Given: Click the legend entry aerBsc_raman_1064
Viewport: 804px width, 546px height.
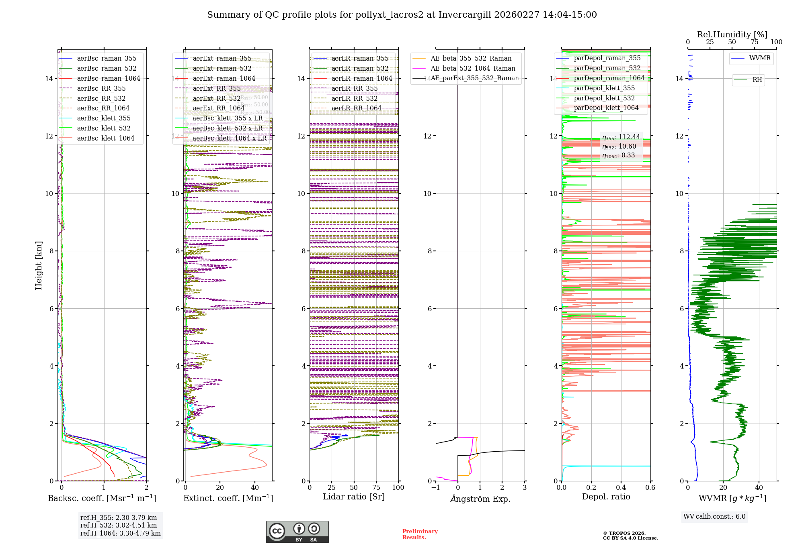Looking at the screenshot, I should [x=109, y=78].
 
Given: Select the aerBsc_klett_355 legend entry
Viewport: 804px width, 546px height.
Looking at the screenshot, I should [x=104, y=118].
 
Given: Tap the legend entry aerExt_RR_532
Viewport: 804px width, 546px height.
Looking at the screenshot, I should [x=217, y=98].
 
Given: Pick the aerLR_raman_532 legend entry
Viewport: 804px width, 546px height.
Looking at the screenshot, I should [x=360, y=68].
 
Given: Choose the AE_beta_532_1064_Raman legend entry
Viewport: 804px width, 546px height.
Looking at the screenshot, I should [x=473, y=68].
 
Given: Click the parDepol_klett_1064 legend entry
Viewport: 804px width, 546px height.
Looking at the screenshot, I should [x=606, y=108].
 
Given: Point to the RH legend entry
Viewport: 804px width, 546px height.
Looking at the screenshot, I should [x=757, y=80].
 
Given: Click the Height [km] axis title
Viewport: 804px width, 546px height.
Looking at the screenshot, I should [x=39, y=265].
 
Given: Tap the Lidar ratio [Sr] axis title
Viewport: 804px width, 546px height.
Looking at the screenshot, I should [x=354, y=497].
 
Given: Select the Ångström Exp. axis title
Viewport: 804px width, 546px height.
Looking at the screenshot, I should [x=480, y=499].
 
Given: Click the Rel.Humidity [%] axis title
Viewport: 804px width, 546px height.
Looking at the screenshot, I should [x=732, y=35].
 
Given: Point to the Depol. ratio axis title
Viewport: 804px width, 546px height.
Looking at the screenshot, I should [x=606, y=497].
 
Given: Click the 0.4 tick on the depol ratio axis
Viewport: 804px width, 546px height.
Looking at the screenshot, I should [x=621, y=488].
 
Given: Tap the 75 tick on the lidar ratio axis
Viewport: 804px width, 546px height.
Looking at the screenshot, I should [x=376, y=488].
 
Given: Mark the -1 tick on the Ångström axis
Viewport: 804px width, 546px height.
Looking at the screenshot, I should [x=435, y=488].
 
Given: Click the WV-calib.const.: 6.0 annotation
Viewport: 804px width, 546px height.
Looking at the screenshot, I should [x=714, y=517].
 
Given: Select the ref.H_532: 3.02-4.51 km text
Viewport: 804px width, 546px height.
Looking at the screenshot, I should [x=119, y=525].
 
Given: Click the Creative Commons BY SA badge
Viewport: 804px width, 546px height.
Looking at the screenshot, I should [x=297, y=532].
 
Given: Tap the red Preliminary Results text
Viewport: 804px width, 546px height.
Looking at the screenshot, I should [x=420, y=534].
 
